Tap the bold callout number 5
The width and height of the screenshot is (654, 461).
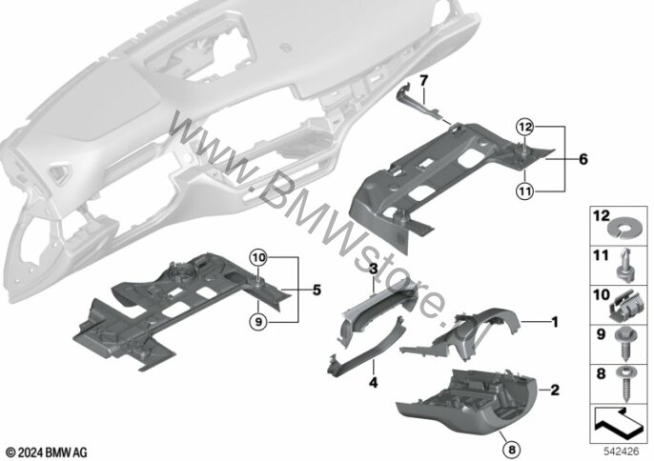point(317,288)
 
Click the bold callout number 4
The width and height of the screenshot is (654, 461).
point(375,383)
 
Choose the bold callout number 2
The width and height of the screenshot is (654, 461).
point(553,391)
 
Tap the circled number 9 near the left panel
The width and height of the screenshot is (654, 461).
point(258,321)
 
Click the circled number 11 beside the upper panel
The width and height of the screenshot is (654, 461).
point(523,190)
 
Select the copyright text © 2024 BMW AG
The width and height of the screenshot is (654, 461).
point(47,450)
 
